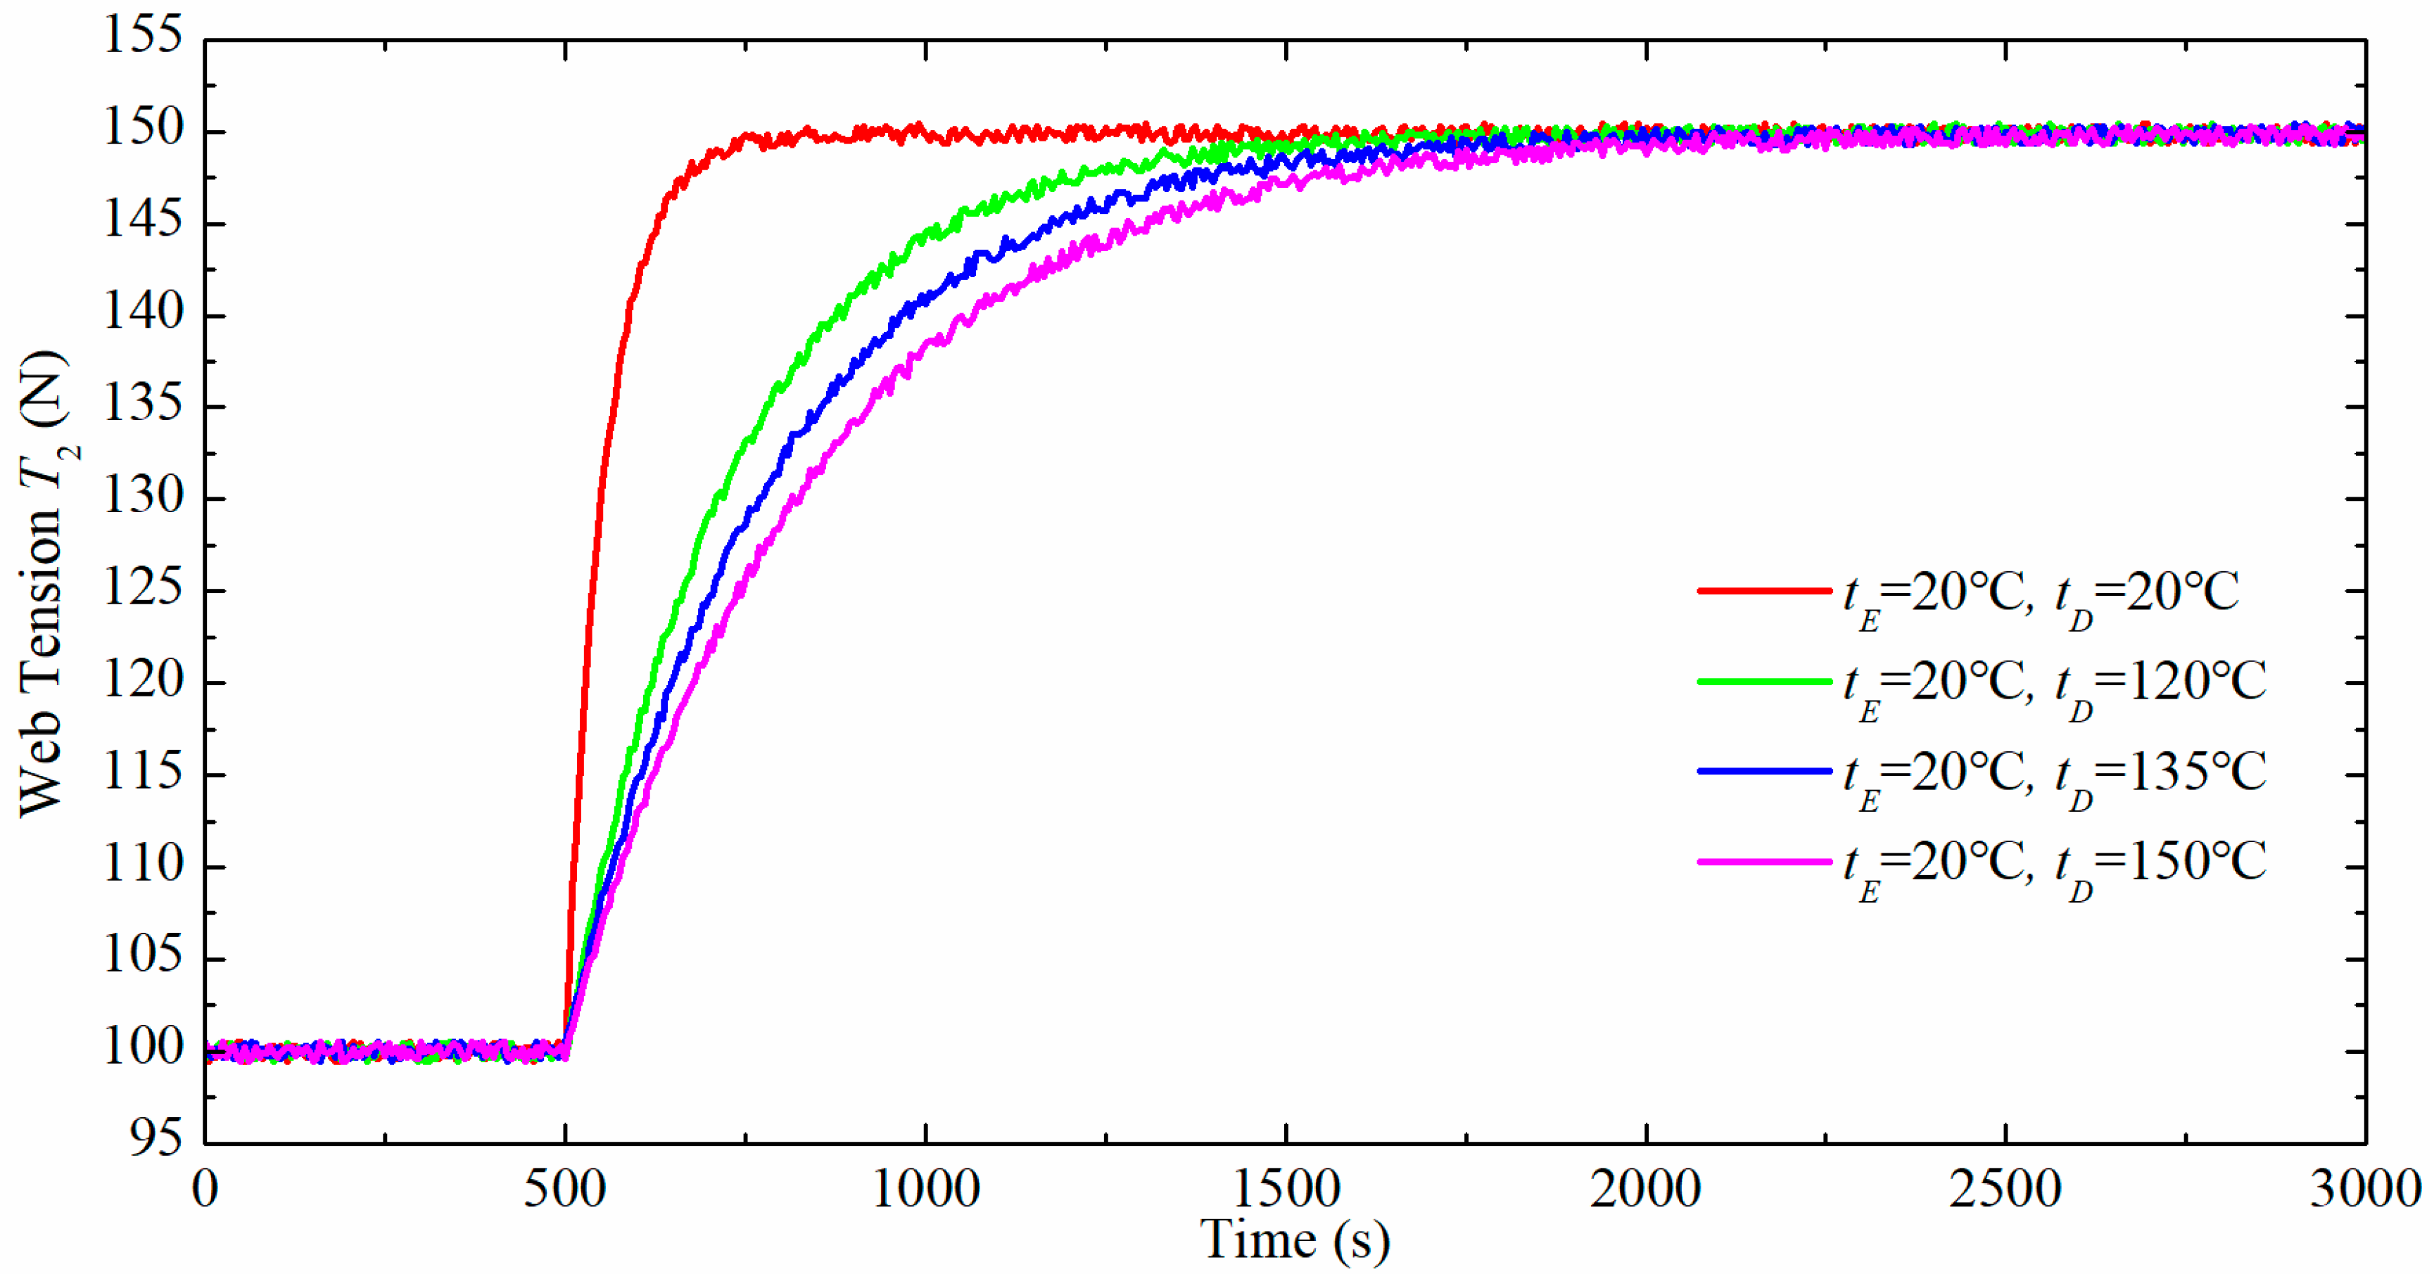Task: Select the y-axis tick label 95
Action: (x=156, y=1139)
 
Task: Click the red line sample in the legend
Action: (x=1764, y=591)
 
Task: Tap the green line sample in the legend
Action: (x=1764, y=681)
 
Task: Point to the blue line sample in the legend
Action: (x=1764, y=772)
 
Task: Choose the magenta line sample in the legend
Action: (x=1764, y=861)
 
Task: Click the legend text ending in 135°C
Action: (x=2055, y=775)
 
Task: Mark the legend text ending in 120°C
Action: (x=2055, y=684)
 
